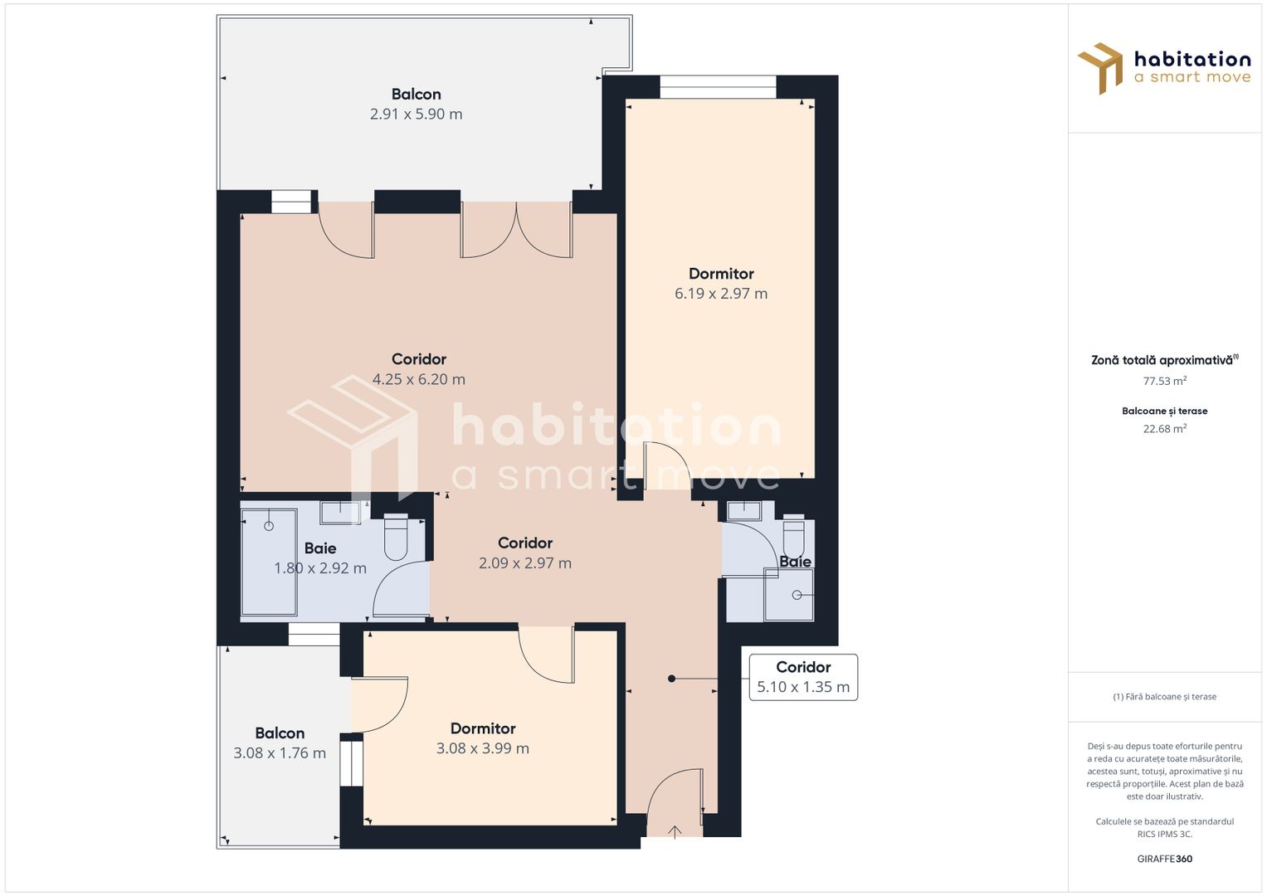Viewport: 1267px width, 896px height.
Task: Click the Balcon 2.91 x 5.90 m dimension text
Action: coord(416,114)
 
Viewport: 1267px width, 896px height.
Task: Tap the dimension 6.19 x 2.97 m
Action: coord(720,294)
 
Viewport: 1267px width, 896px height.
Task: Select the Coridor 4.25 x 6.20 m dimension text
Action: coord(418,380)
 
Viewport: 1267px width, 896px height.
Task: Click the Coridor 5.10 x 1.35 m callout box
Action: coord(802,677)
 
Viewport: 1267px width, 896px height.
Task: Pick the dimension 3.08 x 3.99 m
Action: coord(482,748)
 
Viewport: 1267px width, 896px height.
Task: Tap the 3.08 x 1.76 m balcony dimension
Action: coord(279,753)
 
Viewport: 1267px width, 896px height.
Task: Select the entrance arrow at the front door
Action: coord(675,831)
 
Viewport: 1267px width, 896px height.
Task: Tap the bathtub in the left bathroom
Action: coord(269,562)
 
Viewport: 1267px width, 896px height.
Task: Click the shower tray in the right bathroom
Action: coord(788,594)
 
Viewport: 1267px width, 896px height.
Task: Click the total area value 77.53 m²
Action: coord(1164,382)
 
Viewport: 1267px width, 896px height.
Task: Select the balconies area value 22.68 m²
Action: coord(1164,429)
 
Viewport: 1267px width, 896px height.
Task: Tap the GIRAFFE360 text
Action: coord(1164,859)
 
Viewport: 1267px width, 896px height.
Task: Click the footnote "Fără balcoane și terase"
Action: coord(1164,697)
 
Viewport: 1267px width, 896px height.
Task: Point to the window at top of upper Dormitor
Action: coord(718,86)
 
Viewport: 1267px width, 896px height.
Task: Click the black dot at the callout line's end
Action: coord(671,679)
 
